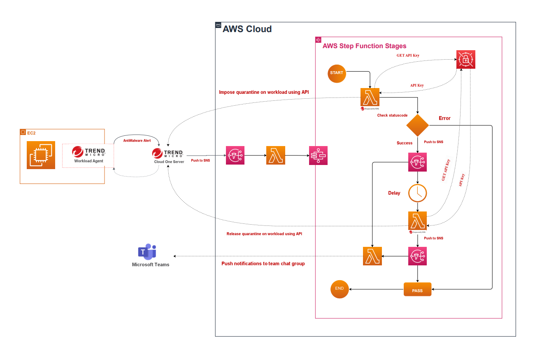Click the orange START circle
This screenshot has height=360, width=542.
[337, 73]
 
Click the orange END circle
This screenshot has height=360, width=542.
[340, 289]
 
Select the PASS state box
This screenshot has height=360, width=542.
[417, 290]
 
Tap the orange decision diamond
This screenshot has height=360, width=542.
[418, 125]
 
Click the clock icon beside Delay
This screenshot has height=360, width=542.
[418, 193]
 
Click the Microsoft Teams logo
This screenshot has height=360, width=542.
[147, 252]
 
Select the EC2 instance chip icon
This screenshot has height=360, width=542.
[41, 155]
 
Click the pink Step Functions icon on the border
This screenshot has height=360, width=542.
[318, 156]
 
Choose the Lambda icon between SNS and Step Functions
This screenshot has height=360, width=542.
[276, 156]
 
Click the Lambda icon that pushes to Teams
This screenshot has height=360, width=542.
[372, 256]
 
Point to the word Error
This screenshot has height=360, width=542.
[444, 118]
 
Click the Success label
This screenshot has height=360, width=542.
[405, 143]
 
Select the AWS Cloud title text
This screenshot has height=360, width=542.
[247, 29]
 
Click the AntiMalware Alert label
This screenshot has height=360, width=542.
[137, 140]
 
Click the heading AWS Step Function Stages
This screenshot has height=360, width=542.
[364, 46]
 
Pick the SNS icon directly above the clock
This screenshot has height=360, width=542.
[418, 162]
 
